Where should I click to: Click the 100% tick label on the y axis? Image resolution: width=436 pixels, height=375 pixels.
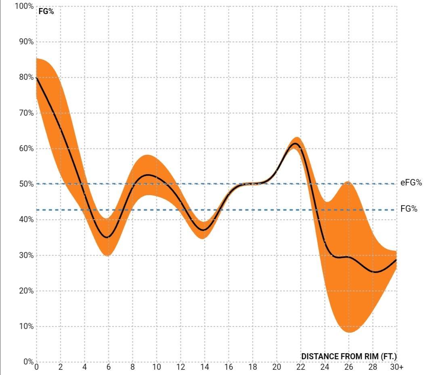[x=25, y=6]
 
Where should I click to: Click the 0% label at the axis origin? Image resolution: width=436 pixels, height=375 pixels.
[x=28, y=362]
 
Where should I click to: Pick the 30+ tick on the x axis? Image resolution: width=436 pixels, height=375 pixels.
[x=397, y=367]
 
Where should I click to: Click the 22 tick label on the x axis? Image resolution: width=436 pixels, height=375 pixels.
[x=300, y=367]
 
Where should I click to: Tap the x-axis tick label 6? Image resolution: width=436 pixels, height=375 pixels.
[x=108, y=367]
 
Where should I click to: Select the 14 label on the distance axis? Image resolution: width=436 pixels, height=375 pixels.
[x=204, y=367]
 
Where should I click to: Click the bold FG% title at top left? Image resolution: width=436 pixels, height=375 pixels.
[x=46, y=11]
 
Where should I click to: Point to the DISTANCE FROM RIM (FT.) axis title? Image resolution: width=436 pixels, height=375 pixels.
[x=349, y=356]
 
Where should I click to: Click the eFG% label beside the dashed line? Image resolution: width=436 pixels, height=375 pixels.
[x=411, y=183]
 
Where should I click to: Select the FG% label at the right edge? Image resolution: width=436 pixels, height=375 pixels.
[x=409, y=209]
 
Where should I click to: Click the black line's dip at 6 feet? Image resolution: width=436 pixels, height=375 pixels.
[x=107, y=237]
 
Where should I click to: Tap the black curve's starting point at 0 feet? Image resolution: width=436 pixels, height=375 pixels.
[x=37, y=77]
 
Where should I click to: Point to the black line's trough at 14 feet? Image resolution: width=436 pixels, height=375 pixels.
[x=204, y=230]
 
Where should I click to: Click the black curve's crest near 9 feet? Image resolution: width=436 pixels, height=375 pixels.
[x=148, y=175]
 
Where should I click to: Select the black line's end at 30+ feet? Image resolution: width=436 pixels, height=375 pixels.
[x=396, y=260]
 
